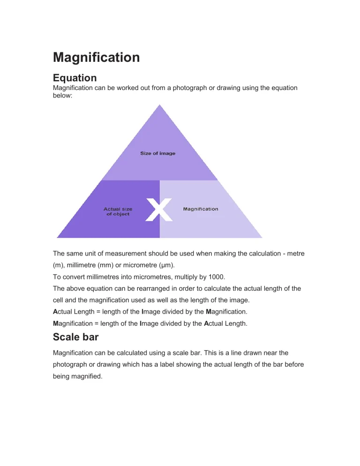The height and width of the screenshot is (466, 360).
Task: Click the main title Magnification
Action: pos(96,57)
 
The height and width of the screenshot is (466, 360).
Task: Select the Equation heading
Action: pos(75,78)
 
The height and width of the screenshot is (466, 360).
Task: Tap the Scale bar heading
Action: pos(76,337)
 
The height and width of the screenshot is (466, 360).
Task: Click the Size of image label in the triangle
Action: pos(158,153)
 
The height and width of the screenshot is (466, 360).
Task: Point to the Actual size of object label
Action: pos(118,211)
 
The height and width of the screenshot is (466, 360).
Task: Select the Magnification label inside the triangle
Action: pos(201,209)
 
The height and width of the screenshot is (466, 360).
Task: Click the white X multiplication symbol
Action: pos(159,210)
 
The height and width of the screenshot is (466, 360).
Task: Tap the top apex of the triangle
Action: pos(160,105)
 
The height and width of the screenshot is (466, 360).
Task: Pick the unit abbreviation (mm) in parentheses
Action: pos(105,265)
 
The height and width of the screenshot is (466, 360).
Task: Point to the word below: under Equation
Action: pos(63,95)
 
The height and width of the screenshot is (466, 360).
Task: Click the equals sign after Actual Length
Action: pos(98,312)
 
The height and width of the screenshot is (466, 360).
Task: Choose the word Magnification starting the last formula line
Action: pos(73,323)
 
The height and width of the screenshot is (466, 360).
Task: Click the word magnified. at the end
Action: pos(87,376)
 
